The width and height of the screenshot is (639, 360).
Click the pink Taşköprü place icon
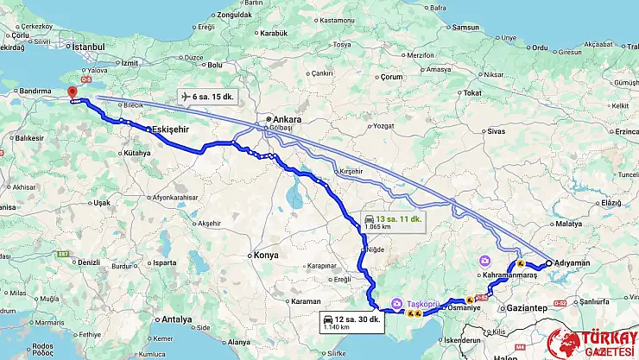coord(396,302)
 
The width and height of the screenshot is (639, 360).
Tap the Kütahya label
coord(136,153)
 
